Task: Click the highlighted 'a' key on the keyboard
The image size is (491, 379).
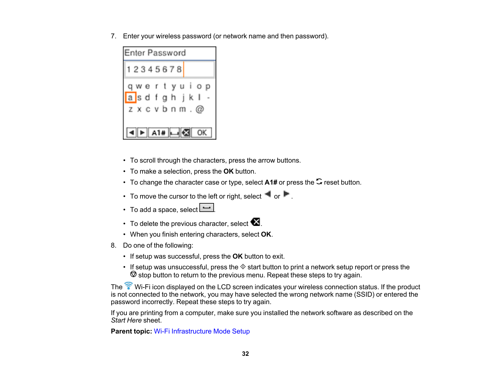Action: (130, 97)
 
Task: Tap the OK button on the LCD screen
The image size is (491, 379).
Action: (202, 133)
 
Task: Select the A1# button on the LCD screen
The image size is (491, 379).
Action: (158, 133)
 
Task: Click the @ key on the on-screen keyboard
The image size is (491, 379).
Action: (200, 109)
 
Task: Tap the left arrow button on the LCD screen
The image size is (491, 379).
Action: (132, 133)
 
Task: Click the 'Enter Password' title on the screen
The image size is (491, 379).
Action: (155, 53)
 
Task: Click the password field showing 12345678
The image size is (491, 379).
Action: (169, 70)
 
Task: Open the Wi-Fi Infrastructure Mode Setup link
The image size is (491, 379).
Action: (202, 331)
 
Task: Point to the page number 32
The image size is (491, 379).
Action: (245, 354)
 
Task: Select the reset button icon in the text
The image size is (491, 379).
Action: (319, 181)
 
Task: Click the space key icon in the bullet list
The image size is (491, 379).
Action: (207, 207)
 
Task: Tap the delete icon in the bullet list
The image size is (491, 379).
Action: (255, 222)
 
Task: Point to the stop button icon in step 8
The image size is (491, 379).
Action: (134, 274)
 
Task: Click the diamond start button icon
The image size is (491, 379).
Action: (243, 267)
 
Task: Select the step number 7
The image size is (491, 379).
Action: (113, 36)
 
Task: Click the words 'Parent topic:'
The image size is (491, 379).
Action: (131, 331)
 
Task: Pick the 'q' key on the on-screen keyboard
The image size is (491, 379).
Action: (130, 87)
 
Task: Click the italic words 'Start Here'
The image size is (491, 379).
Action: (126, 320)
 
